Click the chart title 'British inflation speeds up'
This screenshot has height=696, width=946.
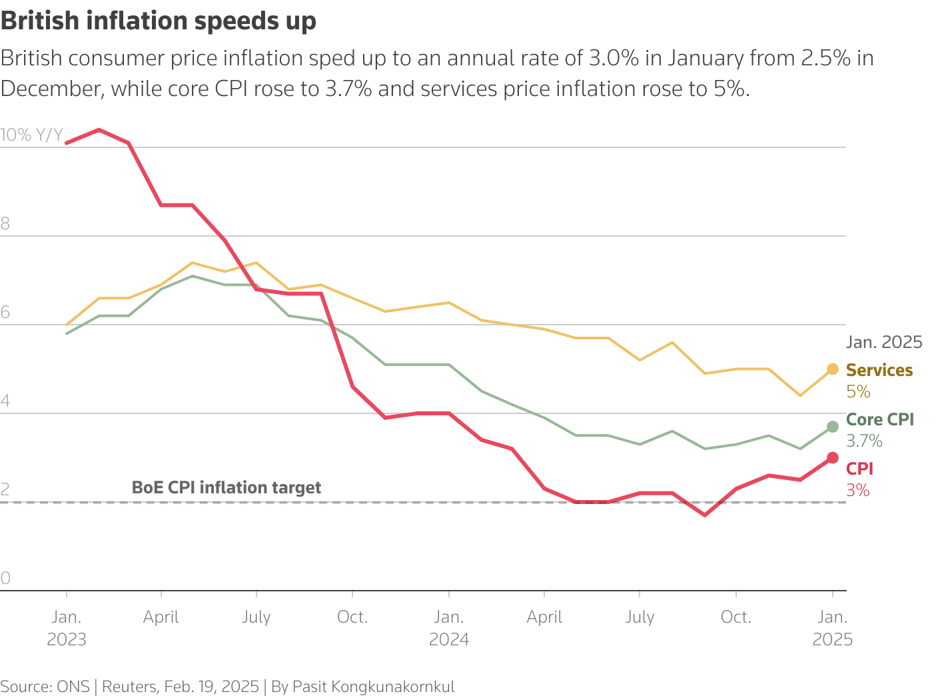click(159, 21)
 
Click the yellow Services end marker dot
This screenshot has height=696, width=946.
click(832, 369)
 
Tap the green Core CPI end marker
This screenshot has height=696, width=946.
click(832, 427)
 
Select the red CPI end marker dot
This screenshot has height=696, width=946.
click(832, 457)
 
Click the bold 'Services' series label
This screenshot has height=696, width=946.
click(879, 370)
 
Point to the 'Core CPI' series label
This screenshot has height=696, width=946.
click(879, 419)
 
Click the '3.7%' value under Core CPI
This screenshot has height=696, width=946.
click(864, 441)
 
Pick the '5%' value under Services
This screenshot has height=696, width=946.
click(858, 391)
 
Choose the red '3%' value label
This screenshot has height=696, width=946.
click(858, 490)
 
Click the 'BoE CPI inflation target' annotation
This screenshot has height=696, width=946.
click(227, 487)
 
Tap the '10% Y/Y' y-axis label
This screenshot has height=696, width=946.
click(31, 135)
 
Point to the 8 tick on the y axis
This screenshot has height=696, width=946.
click(5, 223)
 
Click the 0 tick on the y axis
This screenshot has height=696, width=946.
click(5, 578)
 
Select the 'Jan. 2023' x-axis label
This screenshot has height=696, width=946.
click(67, 628)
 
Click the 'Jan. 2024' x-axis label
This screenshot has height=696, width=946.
click(449, 628)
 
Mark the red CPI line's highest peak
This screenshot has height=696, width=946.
click(99, 129)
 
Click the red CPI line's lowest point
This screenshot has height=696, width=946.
click(704, 515)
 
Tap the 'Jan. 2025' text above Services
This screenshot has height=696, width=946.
click(884, 342)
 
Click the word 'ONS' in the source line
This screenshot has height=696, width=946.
click(73, 687)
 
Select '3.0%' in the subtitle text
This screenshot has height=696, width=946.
click(614, 59)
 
